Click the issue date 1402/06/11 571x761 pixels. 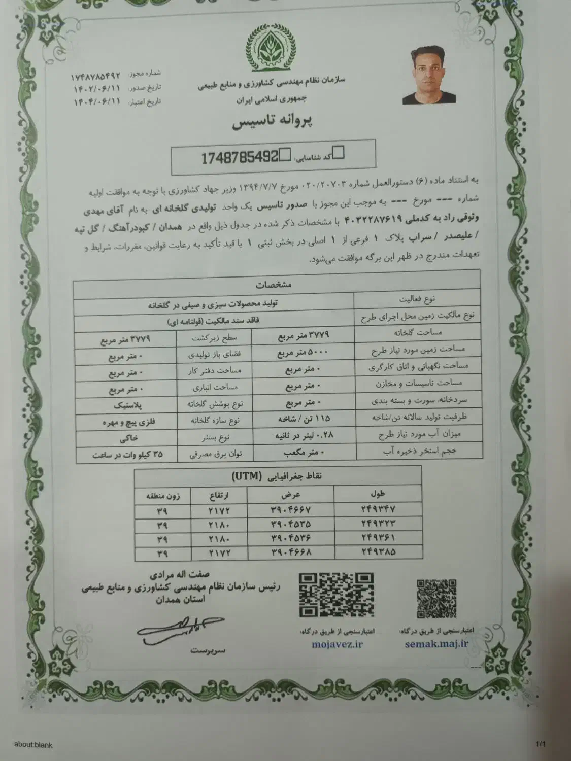96,88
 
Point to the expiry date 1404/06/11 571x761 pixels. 96,100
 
